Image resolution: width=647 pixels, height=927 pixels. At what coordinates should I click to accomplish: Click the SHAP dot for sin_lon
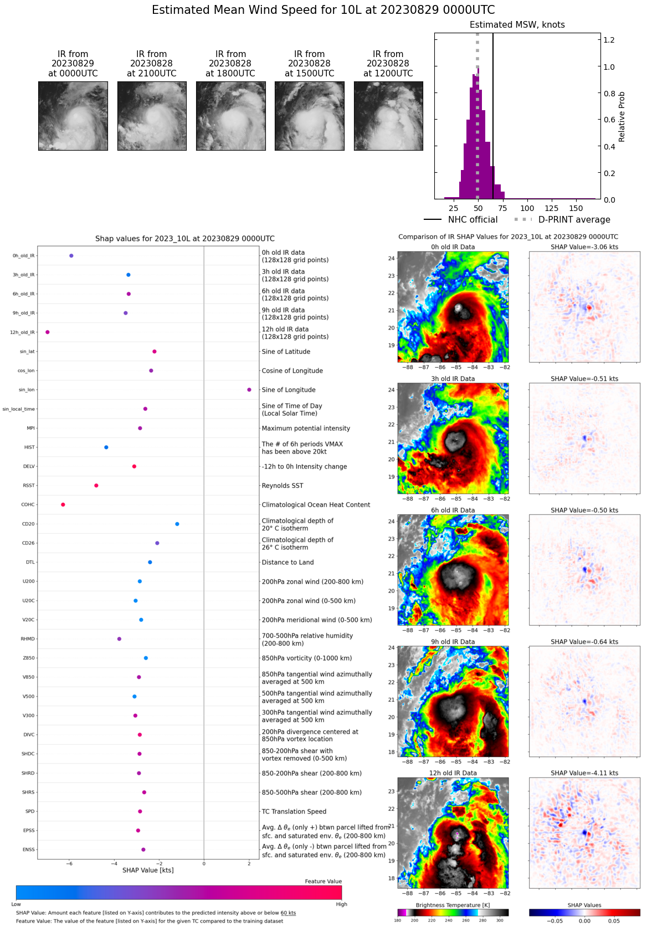pos(249,390)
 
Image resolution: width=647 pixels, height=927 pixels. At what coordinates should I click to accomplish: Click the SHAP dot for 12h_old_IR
pos(48,332)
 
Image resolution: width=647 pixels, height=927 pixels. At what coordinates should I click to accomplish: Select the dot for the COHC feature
pos(63,504)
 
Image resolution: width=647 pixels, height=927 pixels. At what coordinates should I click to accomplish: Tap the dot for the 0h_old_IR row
pos(71,256)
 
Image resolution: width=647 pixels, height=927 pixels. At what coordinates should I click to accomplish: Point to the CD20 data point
pos(177,524)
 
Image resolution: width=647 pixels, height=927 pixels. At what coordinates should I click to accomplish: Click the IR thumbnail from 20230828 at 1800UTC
pos(230,116)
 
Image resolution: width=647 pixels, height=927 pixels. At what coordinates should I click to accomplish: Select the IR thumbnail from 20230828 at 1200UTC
pos(388,116)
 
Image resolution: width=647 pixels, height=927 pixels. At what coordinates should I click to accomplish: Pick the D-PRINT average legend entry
pos(562,220)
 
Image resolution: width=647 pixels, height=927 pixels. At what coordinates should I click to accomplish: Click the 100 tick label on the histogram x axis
pos(527,209)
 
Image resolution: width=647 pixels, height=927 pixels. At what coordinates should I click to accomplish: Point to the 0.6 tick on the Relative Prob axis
pos(609,120)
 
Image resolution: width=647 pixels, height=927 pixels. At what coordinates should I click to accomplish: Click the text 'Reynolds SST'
pos(283,486)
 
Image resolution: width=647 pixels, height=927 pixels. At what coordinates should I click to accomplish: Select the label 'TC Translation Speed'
pos(294,812)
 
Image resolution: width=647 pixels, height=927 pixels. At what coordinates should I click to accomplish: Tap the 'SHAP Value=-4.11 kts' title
pos(584,773)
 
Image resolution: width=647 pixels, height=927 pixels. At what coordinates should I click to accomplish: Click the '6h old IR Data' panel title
pos(453,511)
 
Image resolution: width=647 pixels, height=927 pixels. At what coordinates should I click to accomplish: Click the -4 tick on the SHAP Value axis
pos(114,864)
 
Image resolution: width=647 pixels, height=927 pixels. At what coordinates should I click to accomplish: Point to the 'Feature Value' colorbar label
pos(323,882)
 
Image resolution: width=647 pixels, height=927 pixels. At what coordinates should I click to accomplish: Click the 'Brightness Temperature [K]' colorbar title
pos(453,905)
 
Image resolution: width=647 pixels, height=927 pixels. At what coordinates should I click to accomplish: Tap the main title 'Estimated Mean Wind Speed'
pos(323,10)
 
